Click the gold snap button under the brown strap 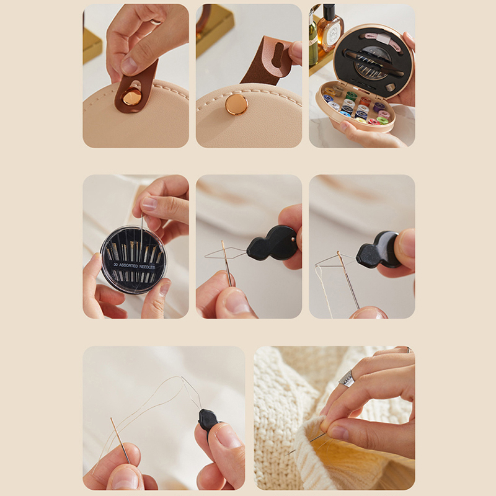(x=131, y=97)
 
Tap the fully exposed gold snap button (x=236, y=104)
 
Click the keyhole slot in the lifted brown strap (x=277, y=55)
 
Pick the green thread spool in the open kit (x=351, y=95)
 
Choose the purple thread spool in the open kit (x=378, y=107)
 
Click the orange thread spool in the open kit (x=365, y=101)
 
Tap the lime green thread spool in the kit (x=383, y=120)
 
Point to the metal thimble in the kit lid (x=391, y=87)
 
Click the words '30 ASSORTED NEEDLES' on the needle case (x=134, y=266)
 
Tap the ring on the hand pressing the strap (x=156, y=22)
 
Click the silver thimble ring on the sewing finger (x=347, y=378)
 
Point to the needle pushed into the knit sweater (x=305, y=444)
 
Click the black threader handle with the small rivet (x=273, y=243)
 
